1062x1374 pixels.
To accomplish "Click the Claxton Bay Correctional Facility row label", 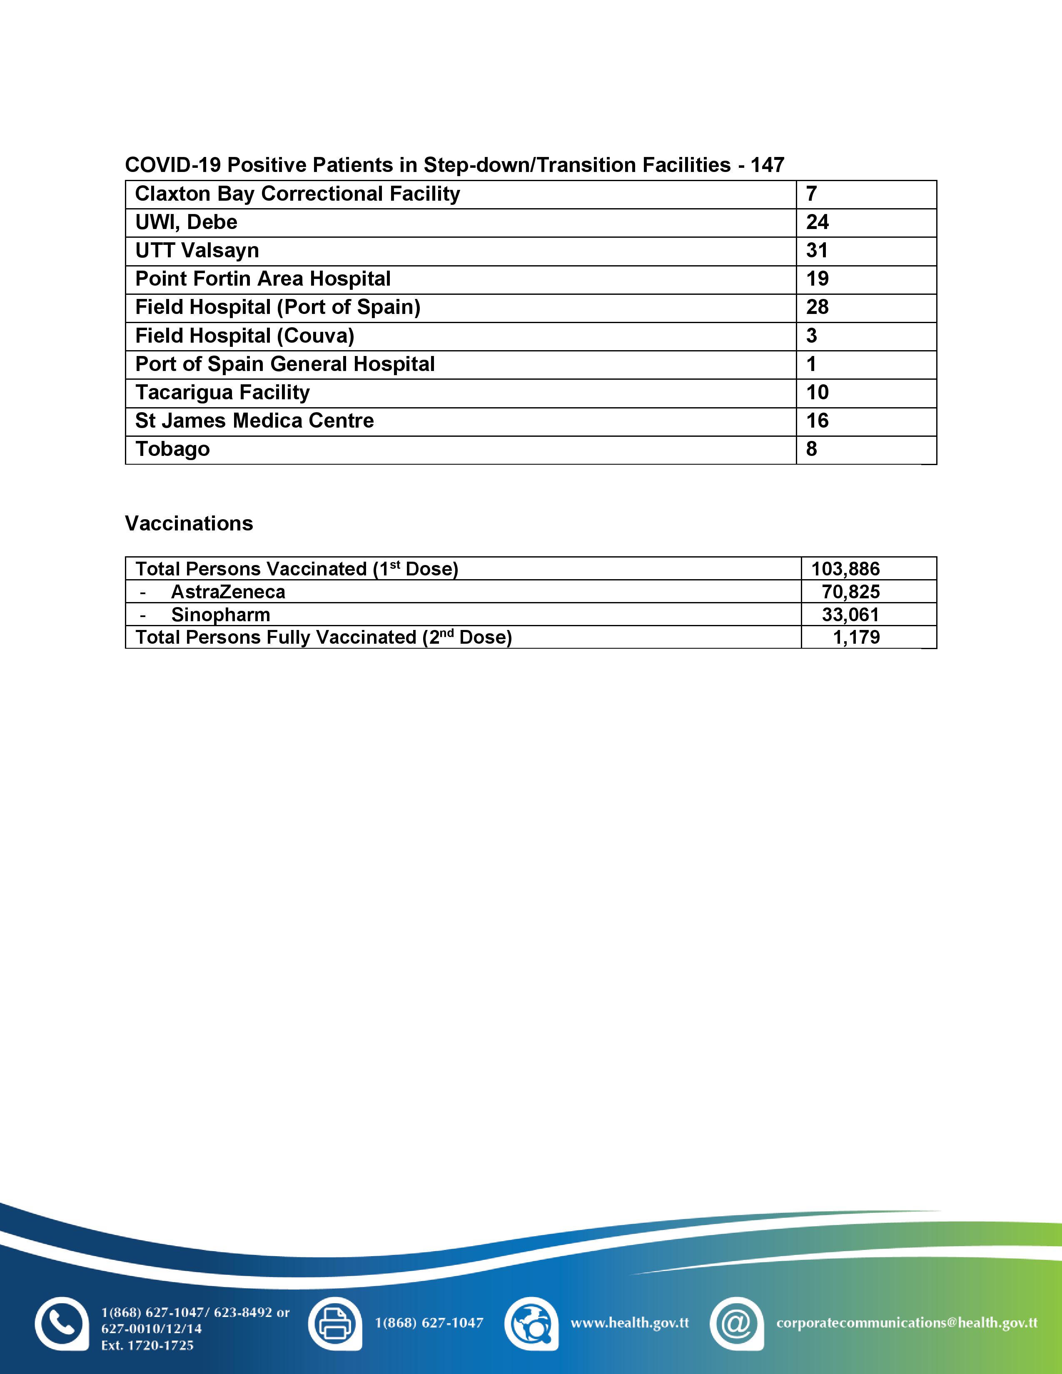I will tap(298, 194).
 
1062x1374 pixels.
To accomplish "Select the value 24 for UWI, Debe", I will tap(817, 222).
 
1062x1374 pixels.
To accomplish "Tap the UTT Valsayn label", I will tap(197, 250).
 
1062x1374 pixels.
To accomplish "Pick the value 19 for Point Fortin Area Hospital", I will tap(817, 279).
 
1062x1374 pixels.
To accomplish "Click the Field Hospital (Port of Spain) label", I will tap(277, 307).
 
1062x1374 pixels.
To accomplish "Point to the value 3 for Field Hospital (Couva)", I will tap(812, 335).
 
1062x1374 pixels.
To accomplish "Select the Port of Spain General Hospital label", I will tap(285, 363).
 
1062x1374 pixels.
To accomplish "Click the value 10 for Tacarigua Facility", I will tap(817, 392).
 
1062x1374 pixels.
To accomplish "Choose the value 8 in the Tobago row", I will tap(812, 448).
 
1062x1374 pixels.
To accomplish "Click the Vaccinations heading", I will tap(189, 523).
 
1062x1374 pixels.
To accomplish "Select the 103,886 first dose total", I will tap(845, 569).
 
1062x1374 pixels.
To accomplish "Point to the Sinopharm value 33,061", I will tap(850, 615).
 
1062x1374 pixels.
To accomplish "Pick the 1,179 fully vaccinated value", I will tap(856, 637).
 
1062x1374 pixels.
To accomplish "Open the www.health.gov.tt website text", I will tap(629, 1323).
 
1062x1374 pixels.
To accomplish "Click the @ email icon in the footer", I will tap(735, 1324).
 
